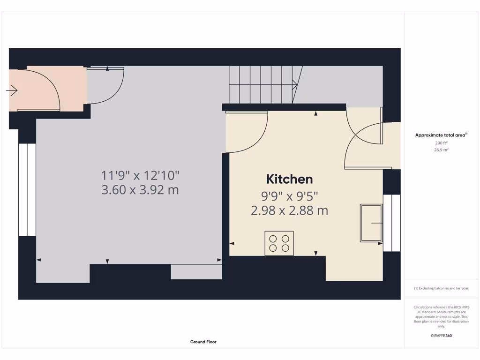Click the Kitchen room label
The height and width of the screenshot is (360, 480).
(289, 179)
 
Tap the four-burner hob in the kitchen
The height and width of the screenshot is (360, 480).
(279, 243)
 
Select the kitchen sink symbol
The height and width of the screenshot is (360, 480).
(371, 223)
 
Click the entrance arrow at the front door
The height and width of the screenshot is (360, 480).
(12, 90)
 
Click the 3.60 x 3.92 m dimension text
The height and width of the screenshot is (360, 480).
(140, 190)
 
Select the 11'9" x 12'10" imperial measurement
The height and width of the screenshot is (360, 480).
(140, 176)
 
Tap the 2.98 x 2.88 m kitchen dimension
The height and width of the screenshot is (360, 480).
(289, 210)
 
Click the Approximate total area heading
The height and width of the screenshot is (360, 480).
(441, 135)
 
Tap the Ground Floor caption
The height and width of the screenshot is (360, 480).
(203, 342)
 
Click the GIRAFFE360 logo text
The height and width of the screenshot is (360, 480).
(441, 336)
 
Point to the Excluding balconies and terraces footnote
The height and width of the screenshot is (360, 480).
(441, 288)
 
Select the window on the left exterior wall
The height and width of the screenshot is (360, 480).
(27, 190)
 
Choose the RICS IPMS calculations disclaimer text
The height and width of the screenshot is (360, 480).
(441, 316)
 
